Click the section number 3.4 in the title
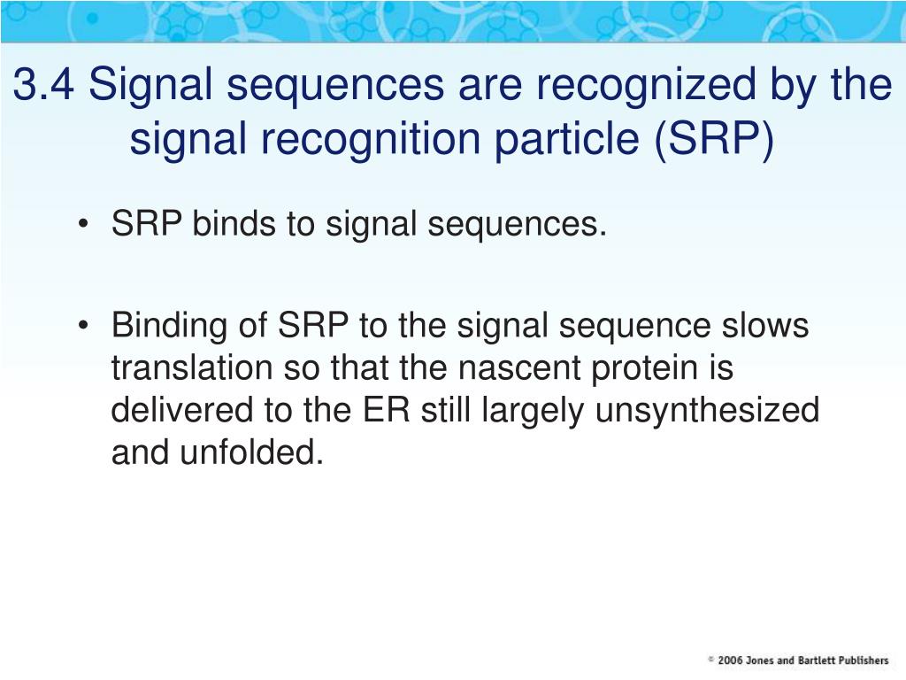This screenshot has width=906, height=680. click(44, 84)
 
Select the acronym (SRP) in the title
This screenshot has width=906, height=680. click(714, 140)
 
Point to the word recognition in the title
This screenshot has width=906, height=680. click(371, 140)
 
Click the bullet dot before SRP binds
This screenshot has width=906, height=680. click(84, 223)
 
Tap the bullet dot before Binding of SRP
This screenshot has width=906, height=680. click(84, 325)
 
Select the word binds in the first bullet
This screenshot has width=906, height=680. click(234, 223)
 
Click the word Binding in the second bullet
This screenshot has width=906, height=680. click(169, 327)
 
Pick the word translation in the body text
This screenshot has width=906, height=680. click(192, 367)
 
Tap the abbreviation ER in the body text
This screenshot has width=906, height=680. click(387, 409)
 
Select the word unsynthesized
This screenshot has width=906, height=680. click(707, 411)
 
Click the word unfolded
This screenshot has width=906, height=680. click(251, 452)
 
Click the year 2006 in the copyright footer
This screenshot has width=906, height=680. click(730, 661)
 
